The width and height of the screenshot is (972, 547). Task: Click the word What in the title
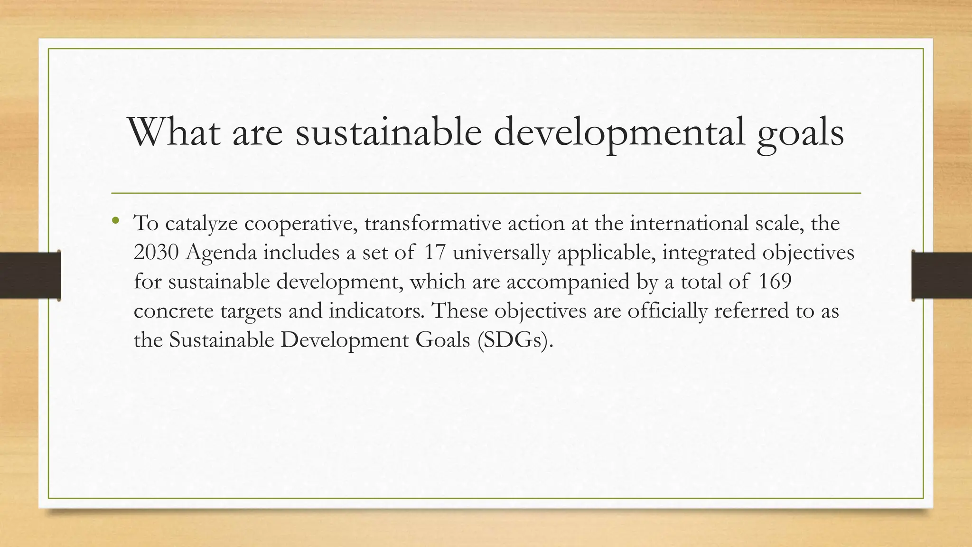[x=174, y=132]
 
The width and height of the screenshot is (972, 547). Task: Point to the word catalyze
[x=201, y=224]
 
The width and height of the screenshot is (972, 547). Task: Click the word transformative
[x=432, y=223]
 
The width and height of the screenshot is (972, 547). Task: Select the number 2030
[x=156, y=253]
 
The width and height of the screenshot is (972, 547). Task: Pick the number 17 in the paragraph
[x=434, y=253]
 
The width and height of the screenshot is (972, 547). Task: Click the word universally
[x=501, y=253]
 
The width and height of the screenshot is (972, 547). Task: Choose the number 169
[x=775, y=282]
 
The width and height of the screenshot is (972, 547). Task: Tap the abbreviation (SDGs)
[x=515, y=340]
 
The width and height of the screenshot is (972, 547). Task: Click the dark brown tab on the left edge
[x=30, y=275]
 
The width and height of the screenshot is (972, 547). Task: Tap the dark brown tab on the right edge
[x=942, y=275]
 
